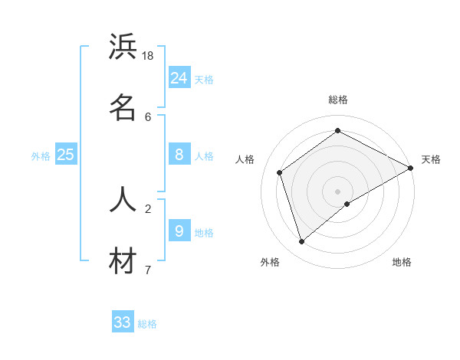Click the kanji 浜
(123, 47)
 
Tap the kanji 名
(123, 107)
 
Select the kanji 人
(123, 199)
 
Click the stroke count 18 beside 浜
(148, 56)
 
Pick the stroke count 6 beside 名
(148, 116)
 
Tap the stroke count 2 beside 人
(148, 208)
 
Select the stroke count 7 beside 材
(148, 270)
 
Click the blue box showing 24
(179, 77)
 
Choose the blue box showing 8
(179, 155)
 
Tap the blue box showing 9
(179, 230)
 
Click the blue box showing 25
(66, 155)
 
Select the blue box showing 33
(123, 322)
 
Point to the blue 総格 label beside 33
(147, 324)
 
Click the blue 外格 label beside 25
(41, 156)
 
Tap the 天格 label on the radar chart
(431, 159)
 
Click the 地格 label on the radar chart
(402, 262)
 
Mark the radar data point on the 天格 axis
(411, 168)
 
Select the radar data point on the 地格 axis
(347, 204)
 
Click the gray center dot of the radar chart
(337, 191)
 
